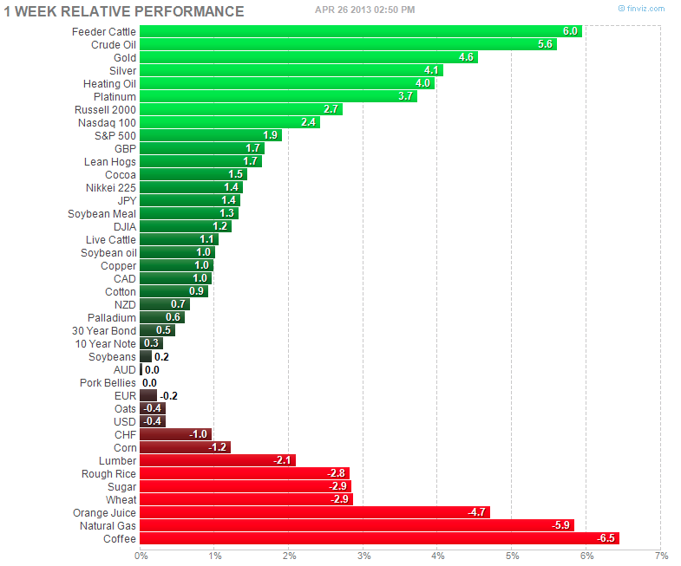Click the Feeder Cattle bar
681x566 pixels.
click(360, 31)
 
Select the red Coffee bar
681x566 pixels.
click(379, 538)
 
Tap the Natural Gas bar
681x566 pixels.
click(357, 525)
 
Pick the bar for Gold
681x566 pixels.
click(308, 57)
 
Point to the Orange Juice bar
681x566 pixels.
click(314, 512)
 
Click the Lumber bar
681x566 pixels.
click(217, 460)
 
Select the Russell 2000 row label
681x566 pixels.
click(106, 109)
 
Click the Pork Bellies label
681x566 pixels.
click(108, 382)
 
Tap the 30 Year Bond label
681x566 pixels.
click(104, 330)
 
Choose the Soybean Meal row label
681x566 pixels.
click(101, 213)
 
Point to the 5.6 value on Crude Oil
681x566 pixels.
click(545, 44)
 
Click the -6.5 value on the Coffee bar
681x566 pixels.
click(606, 538)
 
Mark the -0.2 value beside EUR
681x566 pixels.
click(168, 395)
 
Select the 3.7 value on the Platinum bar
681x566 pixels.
click(405, 96)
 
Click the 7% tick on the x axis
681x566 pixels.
click(661, 556)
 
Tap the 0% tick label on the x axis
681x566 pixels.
click(141, 556)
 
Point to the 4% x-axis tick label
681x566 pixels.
click(437, 556)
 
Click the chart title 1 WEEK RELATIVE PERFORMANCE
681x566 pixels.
click(124, 12)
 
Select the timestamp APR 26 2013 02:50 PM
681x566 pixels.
click(364, 10)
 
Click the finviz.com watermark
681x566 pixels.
click(641, 9)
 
